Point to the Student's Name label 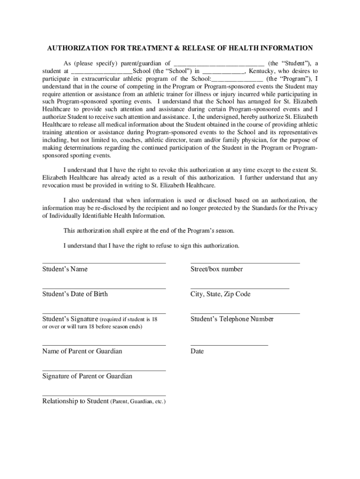coord(65,269)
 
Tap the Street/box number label coord(216,269)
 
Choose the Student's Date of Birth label coord(75,294)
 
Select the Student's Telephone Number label coord(232,319)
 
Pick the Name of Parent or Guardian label coord(82,351)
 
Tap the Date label coord(197,351)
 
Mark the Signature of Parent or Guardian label coord(87,376)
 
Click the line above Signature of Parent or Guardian coord(104,370)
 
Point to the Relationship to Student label coord(75,401)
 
